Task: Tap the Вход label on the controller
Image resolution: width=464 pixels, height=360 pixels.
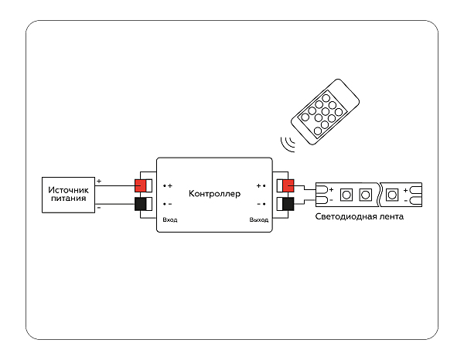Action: pyautogui.click(x=170, y=220)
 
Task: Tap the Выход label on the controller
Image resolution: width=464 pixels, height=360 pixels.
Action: pyautogui.click(x=258, y=220)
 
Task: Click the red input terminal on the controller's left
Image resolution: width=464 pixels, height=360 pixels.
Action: pyautogui.click(x=143, y=185)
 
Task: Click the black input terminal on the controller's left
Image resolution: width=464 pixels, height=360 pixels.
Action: pyautogui.click(x=143, y=204)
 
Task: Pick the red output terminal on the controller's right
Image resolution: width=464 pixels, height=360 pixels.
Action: pyautogui.click(x=287, y=185)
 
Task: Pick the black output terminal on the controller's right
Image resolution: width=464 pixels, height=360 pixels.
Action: pyautogui.click(x=287, y=204)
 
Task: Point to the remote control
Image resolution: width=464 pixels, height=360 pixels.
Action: pyautogui.click(x=326, y=113)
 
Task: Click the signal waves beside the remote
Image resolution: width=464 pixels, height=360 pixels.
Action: pyautogui.click(x=288, y=144)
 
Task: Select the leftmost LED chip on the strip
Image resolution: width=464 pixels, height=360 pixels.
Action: pyautogui.click(x=346, y=194)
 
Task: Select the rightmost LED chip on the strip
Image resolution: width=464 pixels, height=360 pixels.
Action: pyautogui.click(x=393, y=194)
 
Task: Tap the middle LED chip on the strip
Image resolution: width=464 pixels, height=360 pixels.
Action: pyautogui.click(x=364, y=194)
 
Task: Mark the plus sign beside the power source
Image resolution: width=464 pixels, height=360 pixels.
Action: pyautogui.click(x=99, y=182)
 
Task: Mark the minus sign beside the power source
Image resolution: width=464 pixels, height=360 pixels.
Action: pyautogui.click(x=99, y=208)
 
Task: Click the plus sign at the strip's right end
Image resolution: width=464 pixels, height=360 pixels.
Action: pyautogui.click(x=406, y=188)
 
